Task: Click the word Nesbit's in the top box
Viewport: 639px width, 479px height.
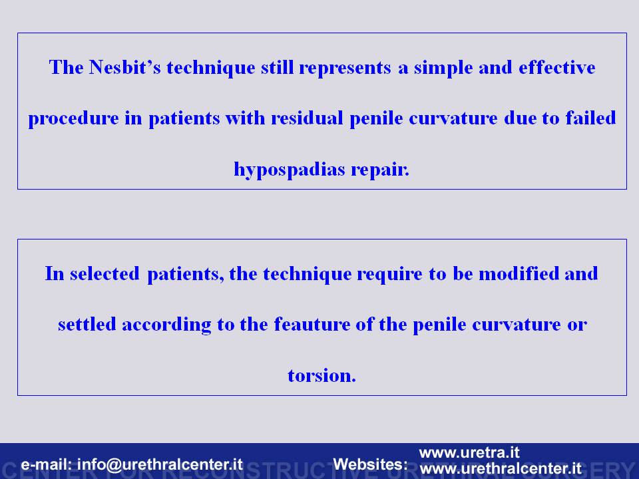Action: coord(125,67)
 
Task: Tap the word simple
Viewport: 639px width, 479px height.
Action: coord(443,68)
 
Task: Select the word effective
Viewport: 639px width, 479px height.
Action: coord(557,67)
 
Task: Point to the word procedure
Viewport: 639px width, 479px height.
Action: coord(73,119)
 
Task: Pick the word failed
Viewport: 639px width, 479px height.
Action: coord(590,118)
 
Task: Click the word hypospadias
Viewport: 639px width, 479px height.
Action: coord(290,170)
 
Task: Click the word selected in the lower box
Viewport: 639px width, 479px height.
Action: coord(105,273)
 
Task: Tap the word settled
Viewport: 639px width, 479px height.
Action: coord(87,324)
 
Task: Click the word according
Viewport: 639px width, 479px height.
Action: coord(166,325)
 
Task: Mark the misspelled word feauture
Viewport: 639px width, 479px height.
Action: coord(312,324)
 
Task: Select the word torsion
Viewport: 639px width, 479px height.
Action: coord(321,375)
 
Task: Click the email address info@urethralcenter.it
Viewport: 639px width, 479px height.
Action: coord(160,464)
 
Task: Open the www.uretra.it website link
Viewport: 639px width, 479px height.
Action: coord(469,452)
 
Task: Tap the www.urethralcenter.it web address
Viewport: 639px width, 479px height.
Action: coord(501,468)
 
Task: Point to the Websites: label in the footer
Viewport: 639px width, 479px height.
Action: coord(371,464)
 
